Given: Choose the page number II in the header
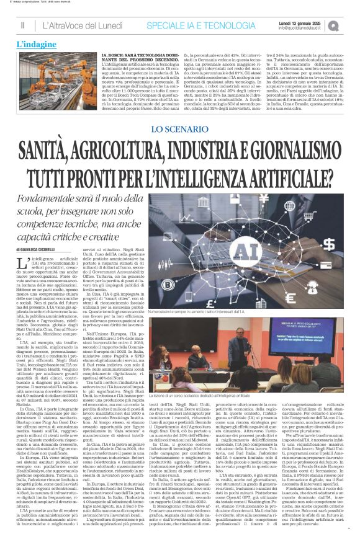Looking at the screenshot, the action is [22, 25].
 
